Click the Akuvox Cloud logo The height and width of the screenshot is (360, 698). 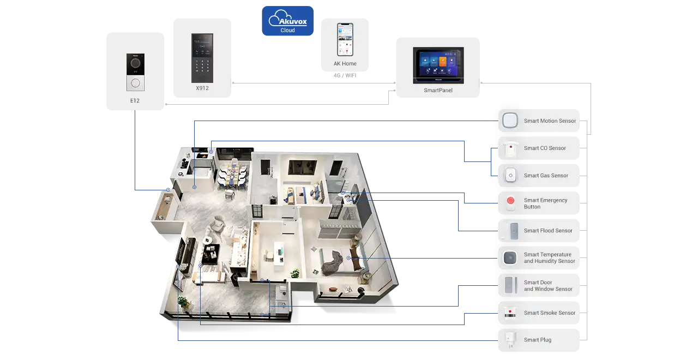(x=287, y=21)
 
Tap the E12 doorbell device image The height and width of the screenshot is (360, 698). (x=135, y=72)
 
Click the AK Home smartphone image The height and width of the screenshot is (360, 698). (x=345, y=39)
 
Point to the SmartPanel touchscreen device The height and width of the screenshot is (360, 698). (x=438, y=65)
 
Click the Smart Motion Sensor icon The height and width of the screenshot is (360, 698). (x=510, y=121)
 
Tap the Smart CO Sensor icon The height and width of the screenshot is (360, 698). (x=510, y=148)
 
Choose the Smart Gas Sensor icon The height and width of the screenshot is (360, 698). (x=510, y=176)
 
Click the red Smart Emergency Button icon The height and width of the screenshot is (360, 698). (x=510, y=203)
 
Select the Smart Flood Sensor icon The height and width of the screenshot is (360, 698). (x=510, y=231)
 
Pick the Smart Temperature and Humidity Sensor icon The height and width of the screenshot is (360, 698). (x=510, y=258)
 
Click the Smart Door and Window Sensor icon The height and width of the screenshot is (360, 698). (x=510, y=285)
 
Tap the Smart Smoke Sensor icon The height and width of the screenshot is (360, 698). (x=510, y=313)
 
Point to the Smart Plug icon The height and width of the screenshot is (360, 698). (x=510, y=340)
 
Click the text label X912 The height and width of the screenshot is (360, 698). (x=202, y=88)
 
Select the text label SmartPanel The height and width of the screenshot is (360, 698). (x=438, y=91)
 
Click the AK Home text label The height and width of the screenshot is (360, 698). (x=345, y=64)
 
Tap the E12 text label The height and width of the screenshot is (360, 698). (x=135, y=101)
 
